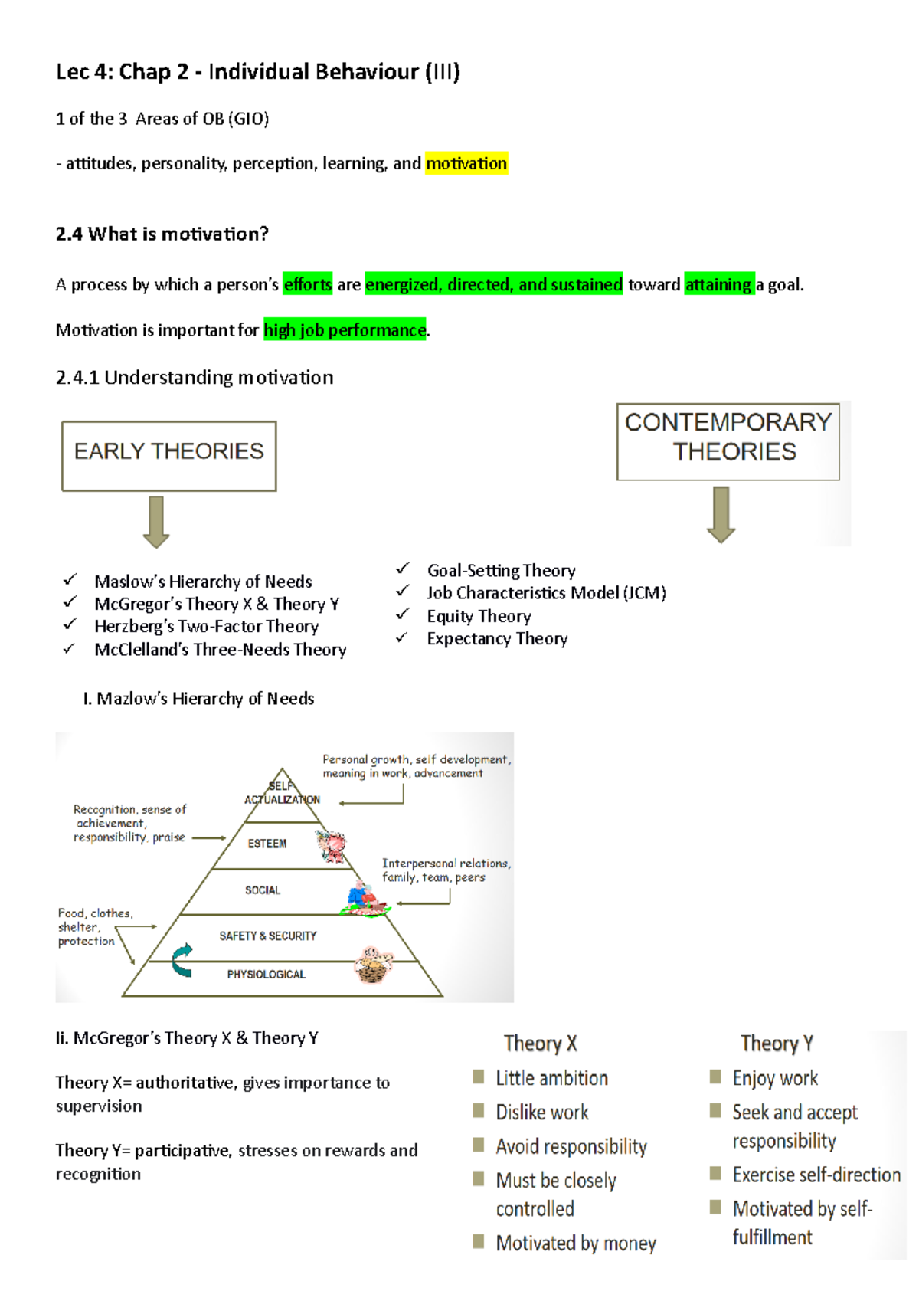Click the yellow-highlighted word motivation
[466, 163]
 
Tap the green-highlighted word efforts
[308, 284]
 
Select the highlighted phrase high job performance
[345, 329]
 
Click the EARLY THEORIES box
[169, 455]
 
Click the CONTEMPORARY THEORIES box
[728, 441]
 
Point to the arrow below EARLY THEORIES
[156, 521]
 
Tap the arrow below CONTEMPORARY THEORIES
[721, 514]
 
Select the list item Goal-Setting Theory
[501, 570]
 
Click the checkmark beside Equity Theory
[403, 614]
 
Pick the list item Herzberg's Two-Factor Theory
[206, 626]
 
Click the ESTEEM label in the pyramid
[267, 844]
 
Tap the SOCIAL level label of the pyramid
[263, 890]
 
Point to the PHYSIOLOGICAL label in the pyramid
[266, 974]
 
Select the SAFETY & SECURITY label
[267, 936]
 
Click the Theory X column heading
[540, 1044]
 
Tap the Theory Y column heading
[777, 1044]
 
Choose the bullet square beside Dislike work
[479, 1111]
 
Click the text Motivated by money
[576, 1243]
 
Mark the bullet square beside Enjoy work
[715, 1077]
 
